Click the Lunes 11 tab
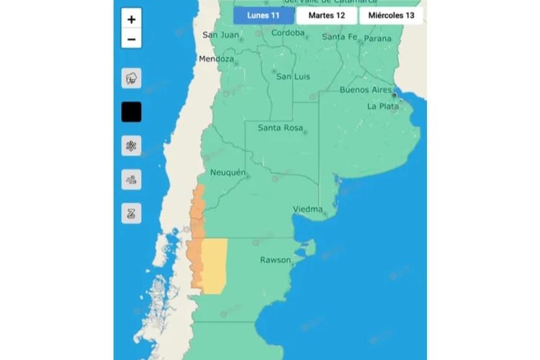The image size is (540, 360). click(263, 16)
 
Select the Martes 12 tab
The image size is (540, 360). click(326, 16)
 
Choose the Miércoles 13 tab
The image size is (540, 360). click(391, 16)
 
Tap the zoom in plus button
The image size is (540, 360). click(132, 19)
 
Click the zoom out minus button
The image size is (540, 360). click(132, 39)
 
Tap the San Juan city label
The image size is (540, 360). click(220, 35)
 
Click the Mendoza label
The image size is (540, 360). click(216, 59)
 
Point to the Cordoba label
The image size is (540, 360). click(287, 33)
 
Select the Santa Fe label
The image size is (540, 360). click(340, 37)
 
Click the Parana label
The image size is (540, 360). click(377, 38)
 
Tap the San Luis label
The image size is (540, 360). click(292, 76)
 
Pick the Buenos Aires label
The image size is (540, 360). click(366, 90)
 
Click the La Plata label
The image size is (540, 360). click(382, 106)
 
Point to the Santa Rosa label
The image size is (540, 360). click(280, 128)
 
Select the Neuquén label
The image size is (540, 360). click(228, 172)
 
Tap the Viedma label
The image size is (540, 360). click(308, 209)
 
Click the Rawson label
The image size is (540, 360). click(275, 260)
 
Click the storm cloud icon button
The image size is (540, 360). click(132, 79)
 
